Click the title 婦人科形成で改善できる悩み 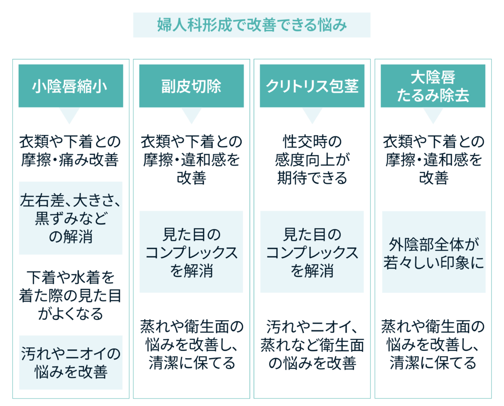point(252,25)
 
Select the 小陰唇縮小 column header point(71,86)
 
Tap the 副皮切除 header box point(191,86)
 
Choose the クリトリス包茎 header point(312,86)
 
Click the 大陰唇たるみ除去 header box point(433,86)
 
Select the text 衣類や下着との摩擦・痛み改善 point(70,151)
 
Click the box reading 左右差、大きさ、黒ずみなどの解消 point(71,218)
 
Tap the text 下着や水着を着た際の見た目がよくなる point(70,295)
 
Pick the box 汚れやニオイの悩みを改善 point(71,363)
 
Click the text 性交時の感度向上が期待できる point(312,160)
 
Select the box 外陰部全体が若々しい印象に point(434,252)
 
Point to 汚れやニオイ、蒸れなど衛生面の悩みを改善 point(312,345)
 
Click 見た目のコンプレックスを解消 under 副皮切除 point(191,252)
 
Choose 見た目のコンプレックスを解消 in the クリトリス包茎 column point(312,252)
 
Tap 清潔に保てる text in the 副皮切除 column point(192,363)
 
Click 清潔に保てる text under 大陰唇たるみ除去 point(433,363)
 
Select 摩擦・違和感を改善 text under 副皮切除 point(191,169)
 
